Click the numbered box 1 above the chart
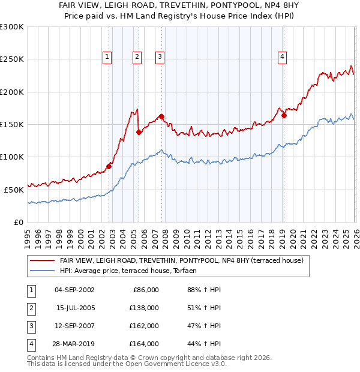pos(107,57)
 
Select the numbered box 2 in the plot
pos(137,57)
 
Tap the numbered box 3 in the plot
pos(160,57)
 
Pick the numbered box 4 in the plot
pos(282,57)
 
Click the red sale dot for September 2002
pos(109,166)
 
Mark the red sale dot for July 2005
pos(139,132)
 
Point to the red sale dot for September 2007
pos(161,116)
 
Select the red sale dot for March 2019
pos(284,115)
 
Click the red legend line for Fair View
pos(42,260)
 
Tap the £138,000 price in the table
pos(144,308)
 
